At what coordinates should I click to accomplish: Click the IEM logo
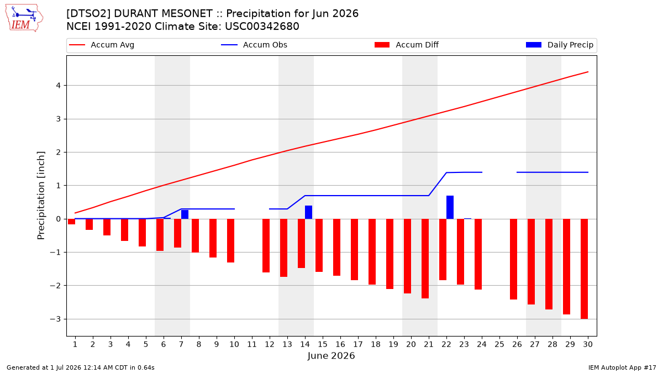click(x=24, y=18)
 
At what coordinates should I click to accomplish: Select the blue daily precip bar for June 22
click(x=450, y=207)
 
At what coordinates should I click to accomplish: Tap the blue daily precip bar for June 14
click(x=308, y=212)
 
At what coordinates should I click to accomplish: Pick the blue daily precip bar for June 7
click(x=185, y=214)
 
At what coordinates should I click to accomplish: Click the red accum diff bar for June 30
click(x=585, y=269)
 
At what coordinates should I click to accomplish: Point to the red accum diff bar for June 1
click(x=71, y=222)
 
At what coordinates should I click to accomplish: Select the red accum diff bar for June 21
click(x=425, y=259)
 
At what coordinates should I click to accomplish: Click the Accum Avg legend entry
click(x=102, y=45)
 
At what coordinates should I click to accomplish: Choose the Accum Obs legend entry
click(x=254, y=45)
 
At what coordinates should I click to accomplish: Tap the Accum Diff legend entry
click(x=407, y=45)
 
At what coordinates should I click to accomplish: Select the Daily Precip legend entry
click(x=560, y=45)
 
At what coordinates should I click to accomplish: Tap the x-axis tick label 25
click(x=499, y=344)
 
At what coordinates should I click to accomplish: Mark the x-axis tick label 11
click(x=252, y=344)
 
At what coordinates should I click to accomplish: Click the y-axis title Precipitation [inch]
click(x=41, y=196)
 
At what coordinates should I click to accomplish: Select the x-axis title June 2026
click(x=331, y=355)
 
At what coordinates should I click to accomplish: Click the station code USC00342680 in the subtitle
click(x=262, y=27)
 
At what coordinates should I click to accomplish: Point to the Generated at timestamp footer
click(x=81, y=367)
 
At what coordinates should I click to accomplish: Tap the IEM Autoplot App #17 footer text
click(x=622, y=367)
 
